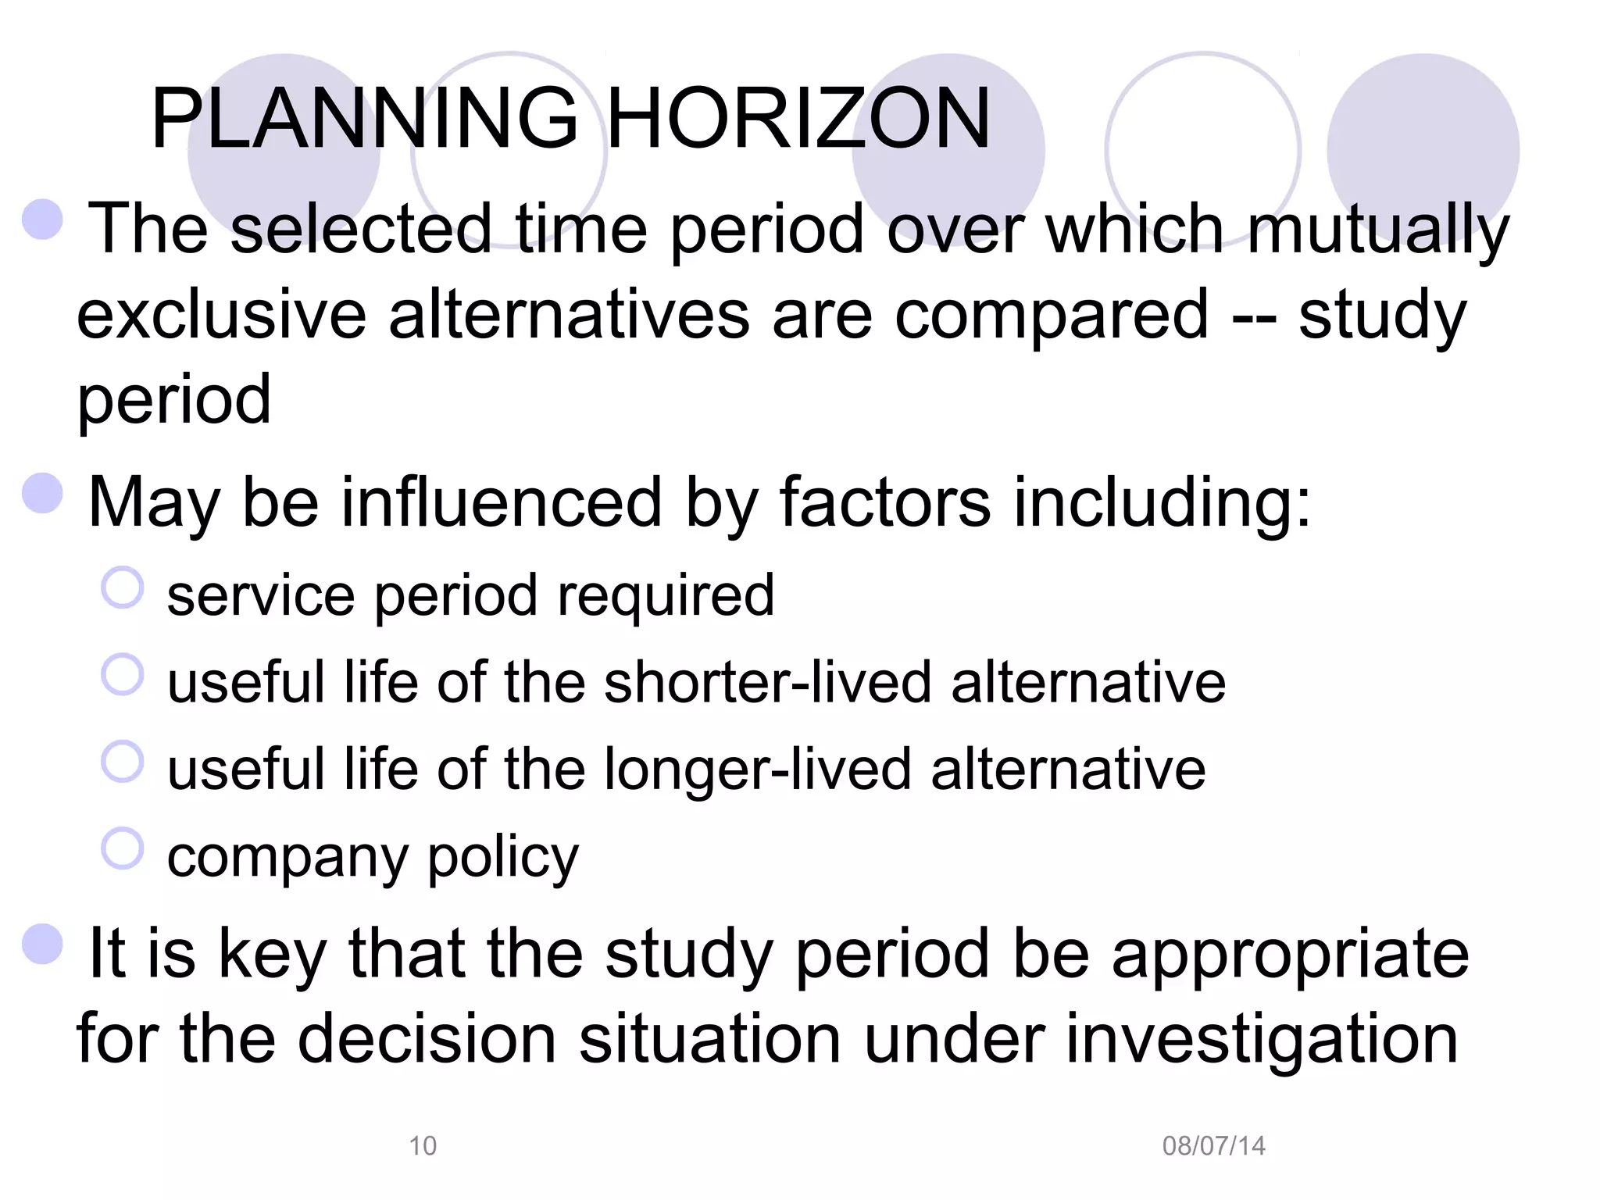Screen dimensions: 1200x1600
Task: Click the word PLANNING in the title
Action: tap(364, 119)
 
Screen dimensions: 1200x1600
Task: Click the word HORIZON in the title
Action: tap(798, 119)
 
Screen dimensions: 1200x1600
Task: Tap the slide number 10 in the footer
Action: tap(423, 1146)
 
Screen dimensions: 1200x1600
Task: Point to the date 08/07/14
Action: tap(1213, 1146)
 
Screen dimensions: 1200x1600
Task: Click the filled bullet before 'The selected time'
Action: tap(43, 220)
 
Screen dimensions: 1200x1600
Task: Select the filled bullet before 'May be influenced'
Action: tap(43, 494)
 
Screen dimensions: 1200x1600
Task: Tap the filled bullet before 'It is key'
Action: tap(43, 945)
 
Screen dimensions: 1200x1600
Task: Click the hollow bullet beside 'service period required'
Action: tap(123, 587)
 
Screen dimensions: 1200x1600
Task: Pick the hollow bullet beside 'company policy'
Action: tap(123, 848)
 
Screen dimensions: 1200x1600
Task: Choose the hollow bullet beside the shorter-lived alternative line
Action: tap(123, 674)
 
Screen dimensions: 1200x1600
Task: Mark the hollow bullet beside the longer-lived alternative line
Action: tap(123, 762)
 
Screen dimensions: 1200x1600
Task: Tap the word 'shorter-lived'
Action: tap(768, 682)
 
